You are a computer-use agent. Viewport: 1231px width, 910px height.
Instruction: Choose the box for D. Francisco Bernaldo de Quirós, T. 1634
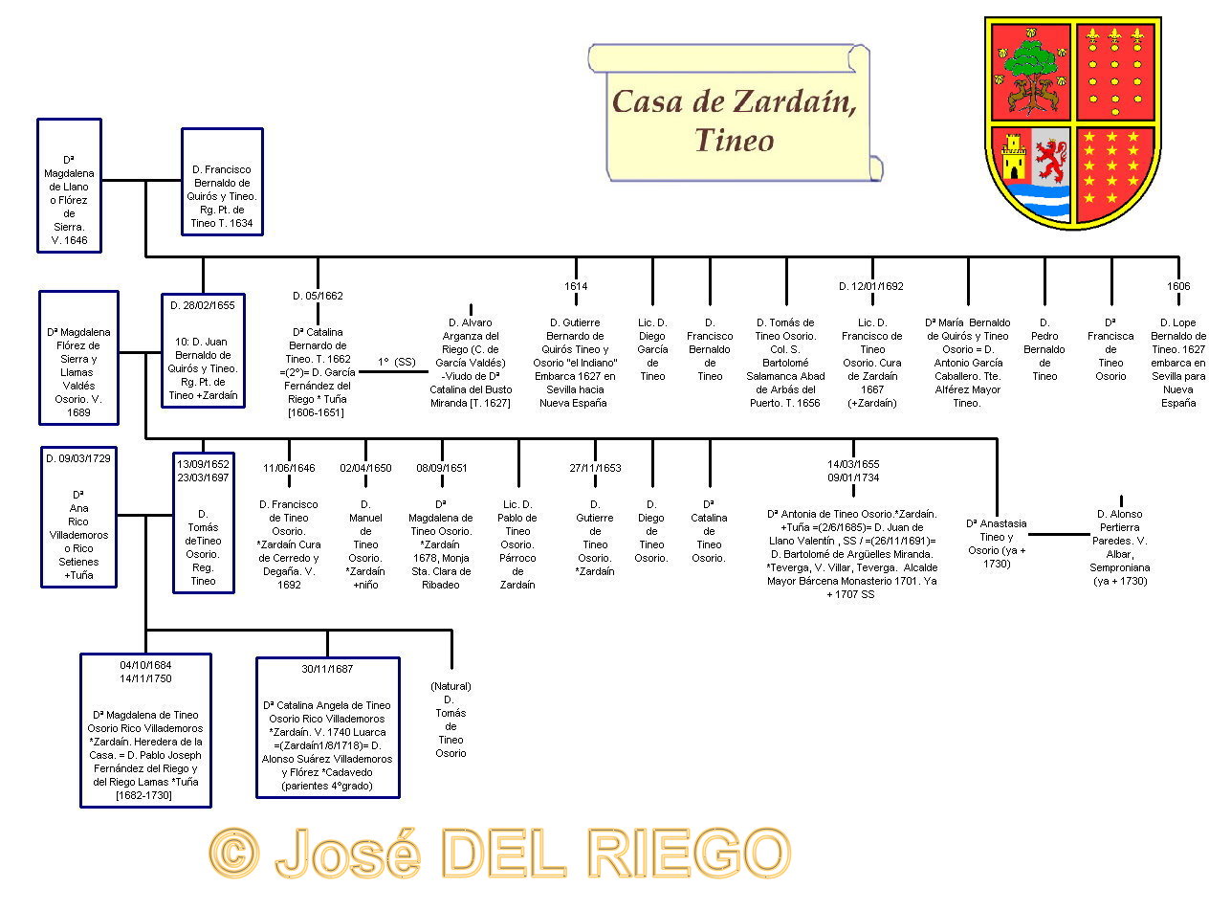(222, 182)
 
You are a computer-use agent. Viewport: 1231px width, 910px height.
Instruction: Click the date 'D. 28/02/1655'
(203, 305)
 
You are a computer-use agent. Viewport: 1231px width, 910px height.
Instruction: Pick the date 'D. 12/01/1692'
(871, 286)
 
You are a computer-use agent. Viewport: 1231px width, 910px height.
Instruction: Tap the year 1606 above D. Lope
(1178, 286)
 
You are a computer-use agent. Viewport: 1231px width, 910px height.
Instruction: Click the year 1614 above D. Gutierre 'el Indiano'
(576, 286)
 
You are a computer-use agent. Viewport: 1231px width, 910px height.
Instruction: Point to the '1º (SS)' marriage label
(397, 362)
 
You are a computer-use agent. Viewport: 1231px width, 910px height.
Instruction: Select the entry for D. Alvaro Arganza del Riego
(471, 363)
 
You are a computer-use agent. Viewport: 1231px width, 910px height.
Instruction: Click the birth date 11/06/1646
(289, 468)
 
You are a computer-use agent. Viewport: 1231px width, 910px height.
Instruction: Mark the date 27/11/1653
(595, 468)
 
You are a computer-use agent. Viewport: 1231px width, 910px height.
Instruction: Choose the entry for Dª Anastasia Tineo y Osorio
(997, 543)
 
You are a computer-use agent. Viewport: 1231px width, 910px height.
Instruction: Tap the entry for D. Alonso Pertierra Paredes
(1119, 547)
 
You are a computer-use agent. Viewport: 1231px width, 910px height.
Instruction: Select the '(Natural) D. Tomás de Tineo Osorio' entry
(451, 720)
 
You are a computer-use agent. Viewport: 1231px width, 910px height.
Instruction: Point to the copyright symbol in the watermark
(234, 852)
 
